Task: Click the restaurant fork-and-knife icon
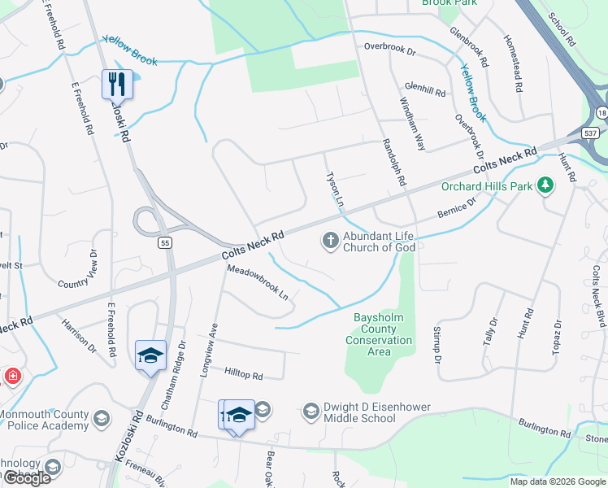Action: [x=116, y=83]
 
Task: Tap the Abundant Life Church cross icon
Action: [x=330, y=240]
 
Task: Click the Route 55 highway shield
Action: [x=164, y=242]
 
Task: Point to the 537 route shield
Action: [x=590, y=133]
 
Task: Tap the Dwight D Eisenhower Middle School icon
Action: [x=311, y=412]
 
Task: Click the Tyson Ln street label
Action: [x=334, y=190]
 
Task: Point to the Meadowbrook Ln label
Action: [x=258, y=282]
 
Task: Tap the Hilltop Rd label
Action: [x=244, y=376]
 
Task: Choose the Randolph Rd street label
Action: [x=393, y=161]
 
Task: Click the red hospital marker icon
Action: [x=12, y=376]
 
